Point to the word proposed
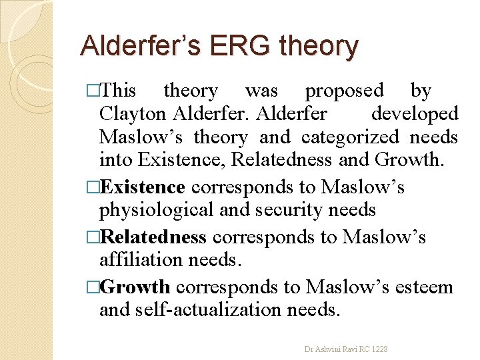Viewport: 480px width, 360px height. coord(344,90)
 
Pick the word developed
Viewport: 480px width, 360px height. coord(414,114)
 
